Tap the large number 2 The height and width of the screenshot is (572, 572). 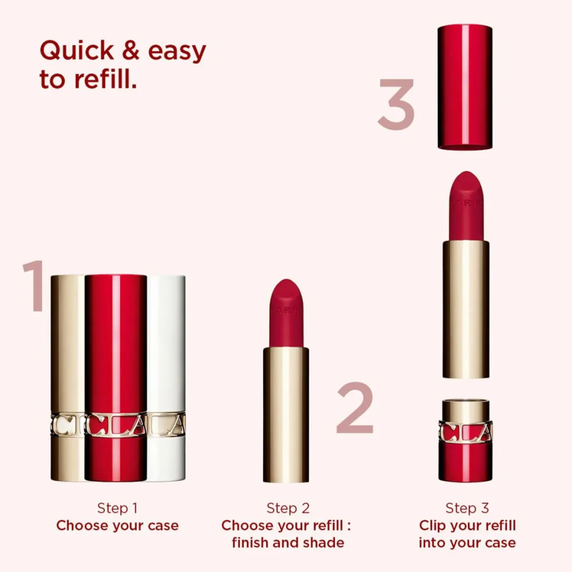tap(355, 408)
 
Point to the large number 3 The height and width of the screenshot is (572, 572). tap(396, 104)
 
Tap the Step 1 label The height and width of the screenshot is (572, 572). tap(117, 508)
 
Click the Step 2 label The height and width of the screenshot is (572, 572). tap(288, 508)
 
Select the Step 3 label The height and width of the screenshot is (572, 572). tap(467, 508)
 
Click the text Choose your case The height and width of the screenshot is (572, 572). tap(118, 525)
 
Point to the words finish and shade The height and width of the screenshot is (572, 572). tap(288, 542)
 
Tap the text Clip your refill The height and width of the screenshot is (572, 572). tap(468, 525)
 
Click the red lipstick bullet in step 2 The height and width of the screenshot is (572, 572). tap(287, 313)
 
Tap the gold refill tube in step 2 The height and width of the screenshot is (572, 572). tap(286, 415)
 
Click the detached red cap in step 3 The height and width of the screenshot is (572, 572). tap(465, 87)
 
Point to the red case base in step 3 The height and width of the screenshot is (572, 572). tap(465, 441)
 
